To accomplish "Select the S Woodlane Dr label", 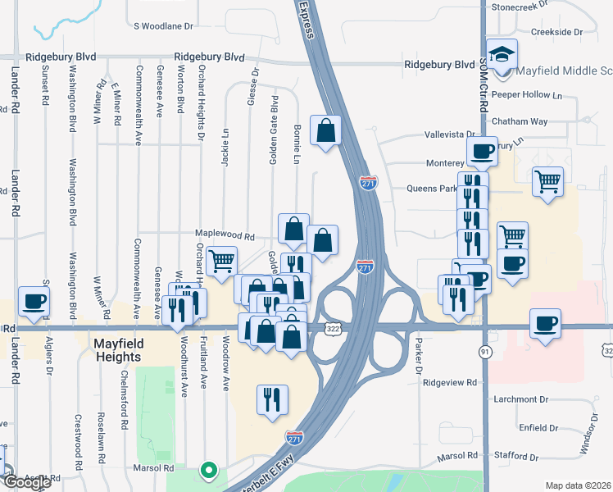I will pos(164,26).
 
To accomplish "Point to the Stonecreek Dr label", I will pos(524,7).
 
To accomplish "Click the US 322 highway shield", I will pos(334,329).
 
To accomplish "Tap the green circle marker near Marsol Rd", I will pos(209,471).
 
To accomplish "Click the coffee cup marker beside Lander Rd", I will pos(34,302).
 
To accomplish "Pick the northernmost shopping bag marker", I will pos(326,130).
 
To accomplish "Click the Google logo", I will pos(26,482).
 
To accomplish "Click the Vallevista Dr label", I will pos(450,134).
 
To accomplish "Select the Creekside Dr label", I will pos(556,32).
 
